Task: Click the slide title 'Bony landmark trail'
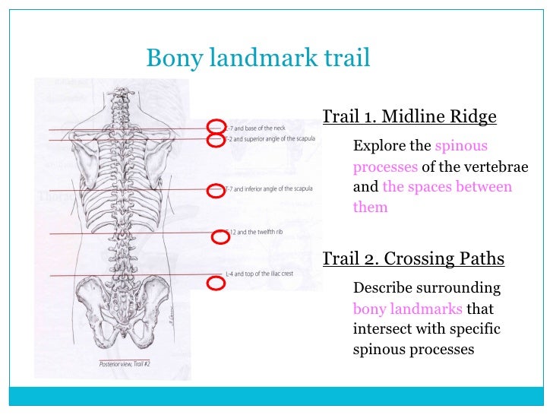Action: (x=258, y=57)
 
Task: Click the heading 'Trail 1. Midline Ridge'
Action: (x=409, y=117)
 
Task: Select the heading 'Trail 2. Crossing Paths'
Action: (x=413, y=258)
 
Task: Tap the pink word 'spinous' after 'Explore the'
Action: (x=461, y=146)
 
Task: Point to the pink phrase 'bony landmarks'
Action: (x=407, y=309)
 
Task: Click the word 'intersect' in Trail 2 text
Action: (x=382, y=330)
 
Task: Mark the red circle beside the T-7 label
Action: (x=217, y=188)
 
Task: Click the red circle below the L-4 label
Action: (x=216, y=284)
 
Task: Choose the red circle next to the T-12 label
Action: (x=220, y=238)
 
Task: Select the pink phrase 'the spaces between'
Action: (x=447, y=187)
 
